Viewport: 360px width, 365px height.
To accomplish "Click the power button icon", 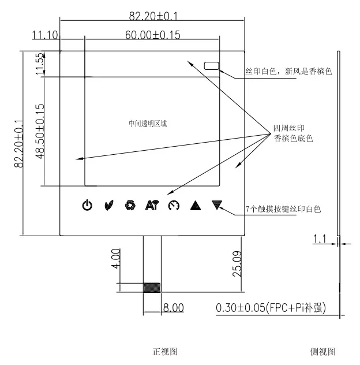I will coord(87,205).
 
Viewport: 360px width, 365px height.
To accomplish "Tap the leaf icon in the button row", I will coord(109,205).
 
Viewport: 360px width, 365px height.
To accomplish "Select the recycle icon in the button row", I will coord(130,205).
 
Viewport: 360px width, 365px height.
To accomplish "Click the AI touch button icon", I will coord(152,205).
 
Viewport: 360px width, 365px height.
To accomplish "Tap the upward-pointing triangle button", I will coord(195,205).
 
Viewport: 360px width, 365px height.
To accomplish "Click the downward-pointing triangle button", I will coord(217,204).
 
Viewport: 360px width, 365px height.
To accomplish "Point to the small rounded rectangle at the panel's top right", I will coord(212,66).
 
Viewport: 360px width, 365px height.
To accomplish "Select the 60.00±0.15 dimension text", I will coord(152,35).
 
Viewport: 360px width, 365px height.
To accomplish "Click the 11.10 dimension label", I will coord(45,35).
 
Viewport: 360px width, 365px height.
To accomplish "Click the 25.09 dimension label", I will coord(237,263).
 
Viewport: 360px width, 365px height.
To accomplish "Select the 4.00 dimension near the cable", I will coord(116,258).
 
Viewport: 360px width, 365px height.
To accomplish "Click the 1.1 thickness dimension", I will coord(321,238).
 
